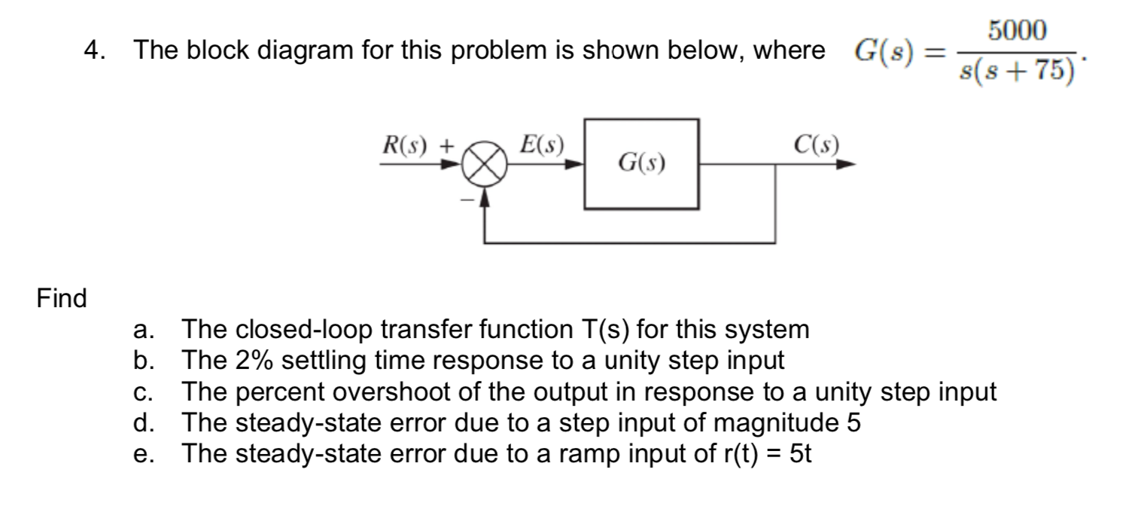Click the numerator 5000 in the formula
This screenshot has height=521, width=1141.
pyautogui.click(x=1017, y=32)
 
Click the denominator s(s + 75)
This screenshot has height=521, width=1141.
pyautogui.click(x=1016, y=71)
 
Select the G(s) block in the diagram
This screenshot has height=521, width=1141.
pyautogui.click(x=641, y=163)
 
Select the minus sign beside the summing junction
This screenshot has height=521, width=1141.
pyautogui.click(x=466, y=200)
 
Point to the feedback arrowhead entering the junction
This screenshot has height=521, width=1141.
pyautogui.click(x=487, y=197)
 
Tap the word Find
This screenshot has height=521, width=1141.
pyautogui.click(x=62, y=299)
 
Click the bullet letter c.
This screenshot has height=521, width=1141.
pyautogui.click(x=141, y=392)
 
